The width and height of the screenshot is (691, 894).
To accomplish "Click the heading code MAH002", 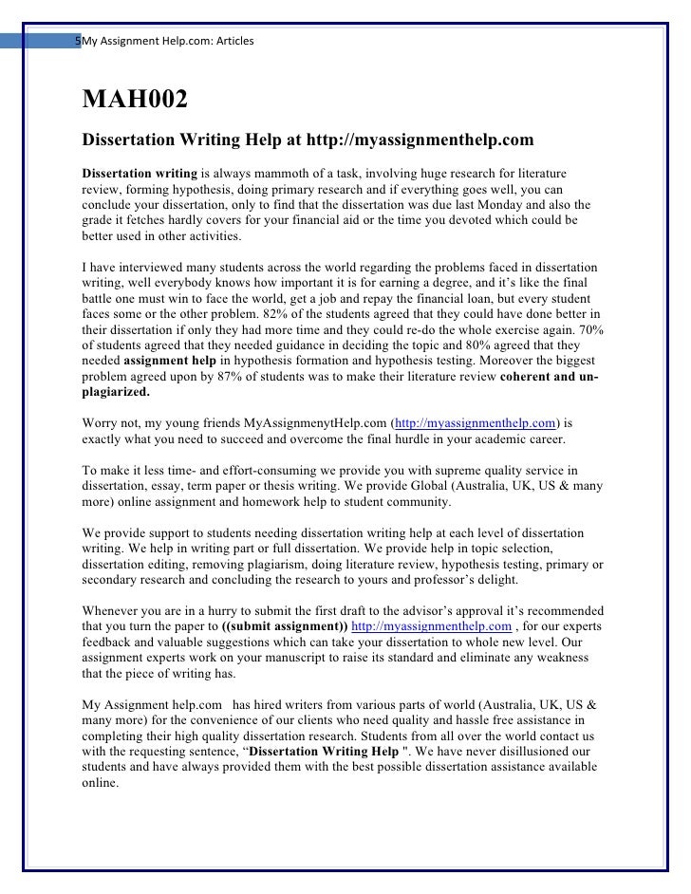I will pyautogui.click(x=135, y=99).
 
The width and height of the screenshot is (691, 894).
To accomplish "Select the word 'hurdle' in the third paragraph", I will pyautogui.click(x=388, y=439).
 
